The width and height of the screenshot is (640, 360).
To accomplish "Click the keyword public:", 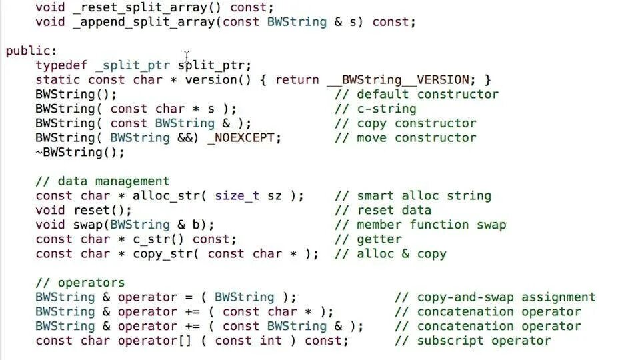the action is point(31,51).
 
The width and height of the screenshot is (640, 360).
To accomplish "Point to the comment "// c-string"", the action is point(375,109).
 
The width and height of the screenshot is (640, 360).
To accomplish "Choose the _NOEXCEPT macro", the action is point(245,138).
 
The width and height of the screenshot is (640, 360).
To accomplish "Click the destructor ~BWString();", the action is point(80,153).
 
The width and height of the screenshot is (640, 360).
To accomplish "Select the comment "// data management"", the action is point(102,181).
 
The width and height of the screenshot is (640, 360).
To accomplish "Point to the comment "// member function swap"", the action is point(420,225).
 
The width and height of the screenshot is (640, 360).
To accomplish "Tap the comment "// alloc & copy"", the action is point(390,254).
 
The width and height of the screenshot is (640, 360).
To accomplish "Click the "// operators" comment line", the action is point(80,283).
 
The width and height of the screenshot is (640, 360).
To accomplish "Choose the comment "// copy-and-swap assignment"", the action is point(495,297).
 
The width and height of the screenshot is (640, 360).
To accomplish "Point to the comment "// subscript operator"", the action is point(473,341).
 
